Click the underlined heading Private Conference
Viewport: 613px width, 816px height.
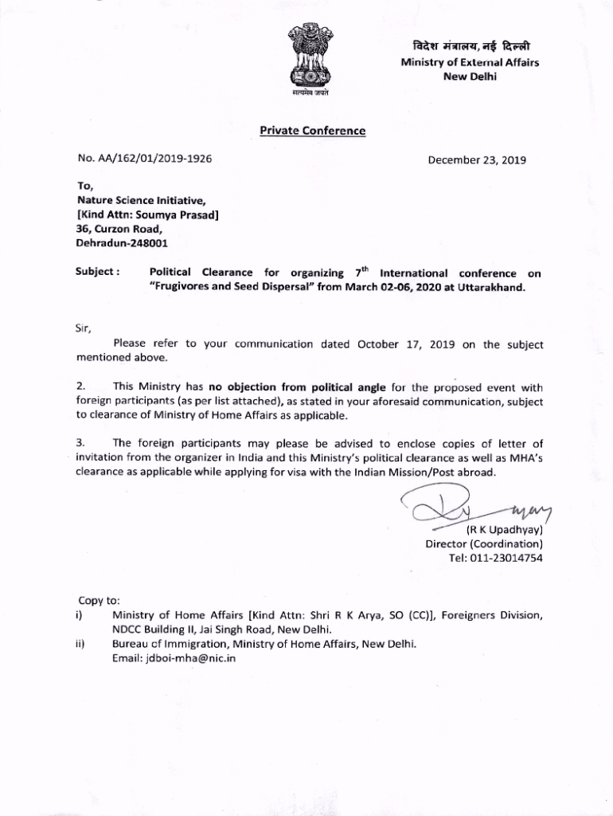click(312, 131)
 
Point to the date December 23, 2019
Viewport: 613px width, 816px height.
click(477, 159)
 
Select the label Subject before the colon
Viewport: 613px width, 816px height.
click(94, 272)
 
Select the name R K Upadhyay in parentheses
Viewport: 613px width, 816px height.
click(504, 529)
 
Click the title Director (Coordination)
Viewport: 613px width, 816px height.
click(484, 543)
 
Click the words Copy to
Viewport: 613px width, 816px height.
click(99, 600)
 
